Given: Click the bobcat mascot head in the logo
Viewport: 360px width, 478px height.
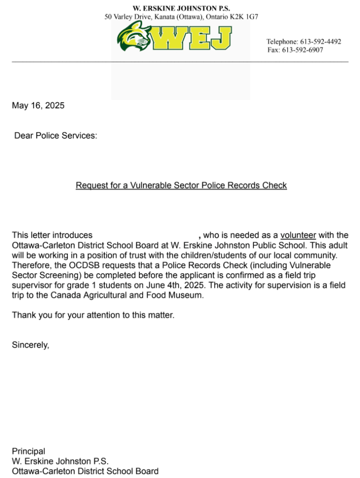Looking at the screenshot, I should coord(134,36).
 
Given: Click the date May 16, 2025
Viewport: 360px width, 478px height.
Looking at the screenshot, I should coord(38,106).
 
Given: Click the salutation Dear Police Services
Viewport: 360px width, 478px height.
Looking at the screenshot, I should coord(56,136).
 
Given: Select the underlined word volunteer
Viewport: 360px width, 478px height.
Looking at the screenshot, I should coord(298,235).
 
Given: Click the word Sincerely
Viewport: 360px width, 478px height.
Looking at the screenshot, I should coord(30,345).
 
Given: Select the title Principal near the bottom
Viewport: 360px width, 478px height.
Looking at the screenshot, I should coord(29,451).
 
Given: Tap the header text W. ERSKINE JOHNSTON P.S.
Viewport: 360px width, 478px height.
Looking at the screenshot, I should coord(181,8).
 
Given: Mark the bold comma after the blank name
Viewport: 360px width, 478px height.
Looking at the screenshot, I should coord(200,236).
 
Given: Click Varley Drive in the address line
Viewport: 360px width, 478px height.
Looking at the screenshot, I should coord(137,17).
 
